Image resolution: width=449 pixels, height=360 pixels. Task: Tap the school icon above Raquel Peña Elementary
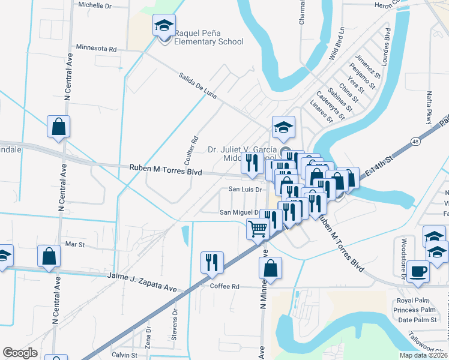164,26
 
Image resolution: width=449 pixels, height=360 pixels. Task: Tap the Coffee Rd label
224,287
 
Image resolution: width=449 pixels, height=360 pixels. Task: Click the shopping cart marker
258,228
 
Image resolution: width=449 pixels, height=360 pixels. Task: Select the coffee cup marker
418,271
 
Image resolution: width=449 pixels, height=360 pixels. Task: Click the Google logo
20,353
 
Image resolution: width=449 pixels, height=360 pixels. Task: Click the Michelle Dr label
95,5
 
